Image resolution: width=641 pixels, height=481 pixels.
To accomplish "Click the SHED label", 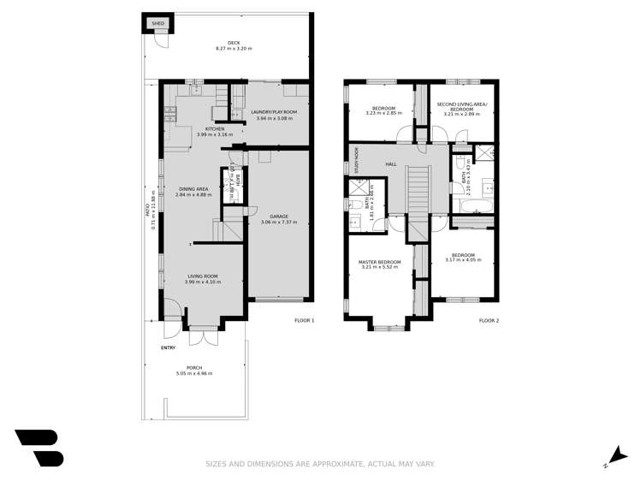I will coord(157,24).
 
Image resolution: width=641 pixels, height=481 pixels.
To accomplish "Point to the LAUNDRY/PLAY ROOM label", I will coord(274,112).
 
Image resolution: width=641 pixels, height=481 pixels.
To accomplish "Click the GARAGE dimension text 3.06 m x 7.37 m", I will coord(276,223).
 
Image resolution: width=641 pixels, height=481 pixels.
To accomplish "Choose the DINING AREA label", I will coord(193,188).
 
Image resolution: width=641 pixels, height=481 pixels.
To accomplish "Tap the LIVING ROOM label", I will coord(205,276).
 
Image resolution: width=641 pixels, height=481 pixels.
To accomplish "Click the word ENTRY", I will coord(168,347).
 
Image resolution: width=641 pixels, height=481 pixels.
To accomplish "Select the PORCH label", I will coord(194,368).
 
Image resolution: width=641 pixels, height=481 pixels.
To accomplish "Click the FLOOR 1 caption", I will coord(304,320).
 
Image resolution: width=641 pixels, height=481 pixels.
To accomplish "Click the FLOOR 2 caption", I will coord(489,320).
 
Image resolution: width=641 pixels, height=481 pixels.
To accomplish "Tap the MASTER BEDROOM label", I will coord(379,261).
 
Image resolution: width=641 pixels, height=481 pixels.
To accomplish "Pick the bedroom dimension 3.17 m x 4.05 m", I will coord(463,259).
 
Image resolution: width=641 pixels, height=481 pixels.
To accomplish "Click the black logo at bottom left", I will coord(39,447).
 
